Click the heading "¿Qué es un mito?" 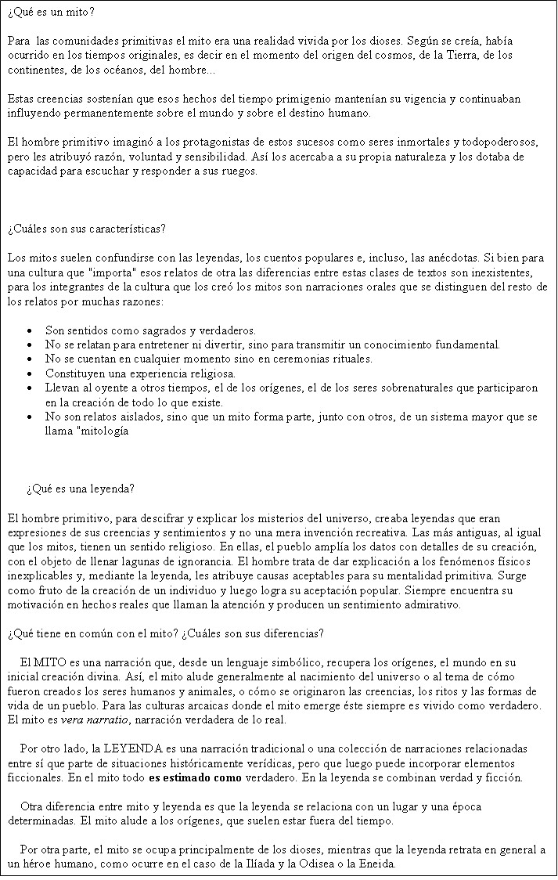tap(51, 13)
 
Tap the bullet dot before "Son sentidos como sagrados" tap(29, 330)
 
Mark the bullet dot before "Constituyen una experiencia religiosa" tap(29, 373)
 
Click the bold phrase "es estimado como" tap(193, 778)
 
